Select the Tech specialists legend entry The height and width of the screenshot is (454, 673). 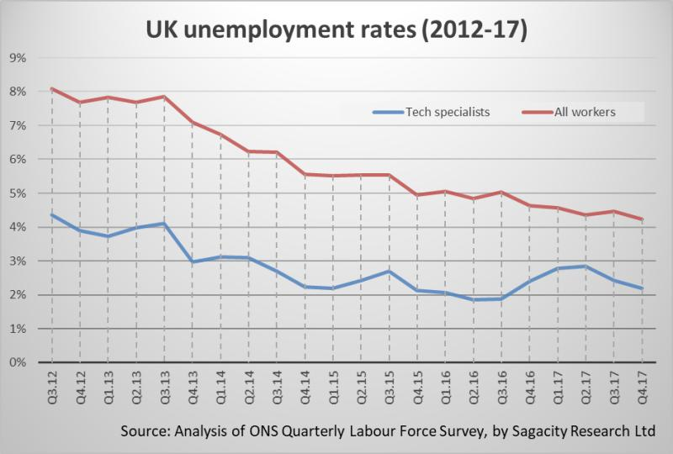coord(438,112)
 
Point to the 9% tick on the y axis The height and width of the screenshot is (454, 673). coord(18,57)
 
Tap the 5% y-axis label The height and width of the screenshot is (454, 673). coord(18,193)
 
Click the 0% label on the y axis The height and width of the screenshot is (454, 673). coord(18,363)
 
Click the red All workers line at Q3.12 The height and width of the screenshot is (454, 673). coord(52,88)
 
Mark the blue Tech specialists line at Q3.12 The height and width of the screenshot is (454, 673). coord(52,214)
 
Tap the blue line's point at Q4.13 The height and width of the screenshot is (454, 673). coord(192,262)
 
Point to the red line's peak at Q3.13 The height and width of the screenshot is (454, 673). coord(164,96)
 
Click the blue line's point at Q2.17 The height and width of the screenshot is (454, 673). coord(583,267)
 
